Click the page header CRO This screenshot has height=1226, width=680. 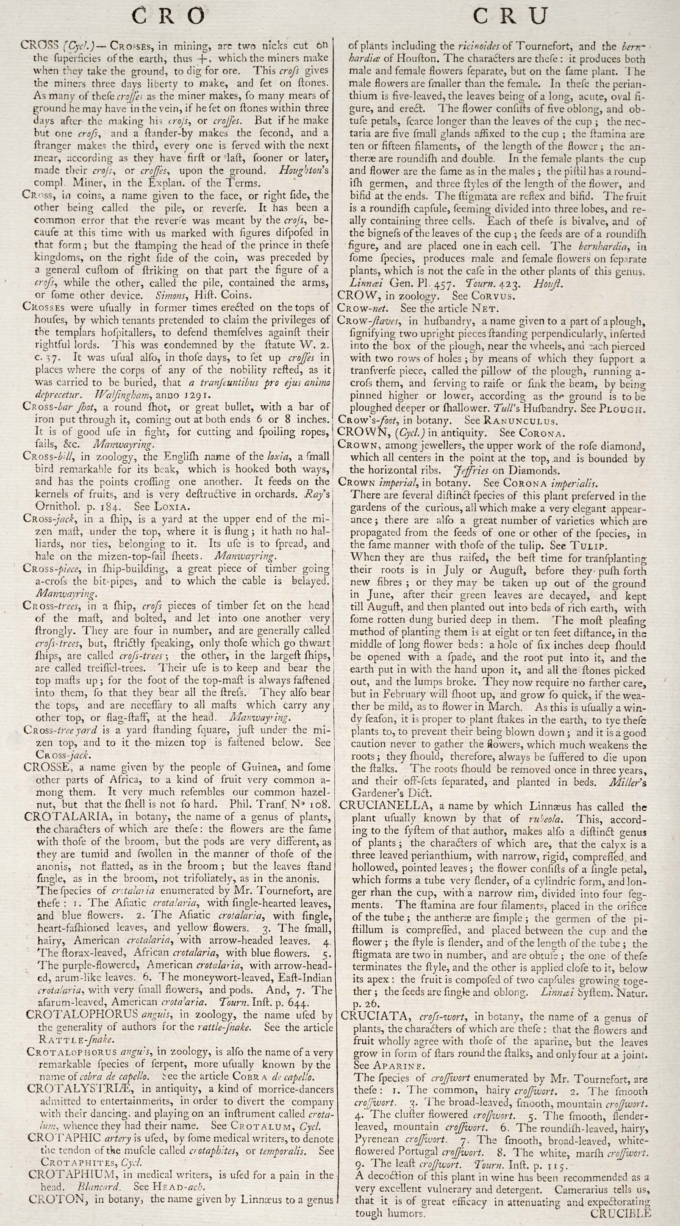168,17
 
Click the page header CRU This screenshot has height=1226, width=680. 511,17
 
